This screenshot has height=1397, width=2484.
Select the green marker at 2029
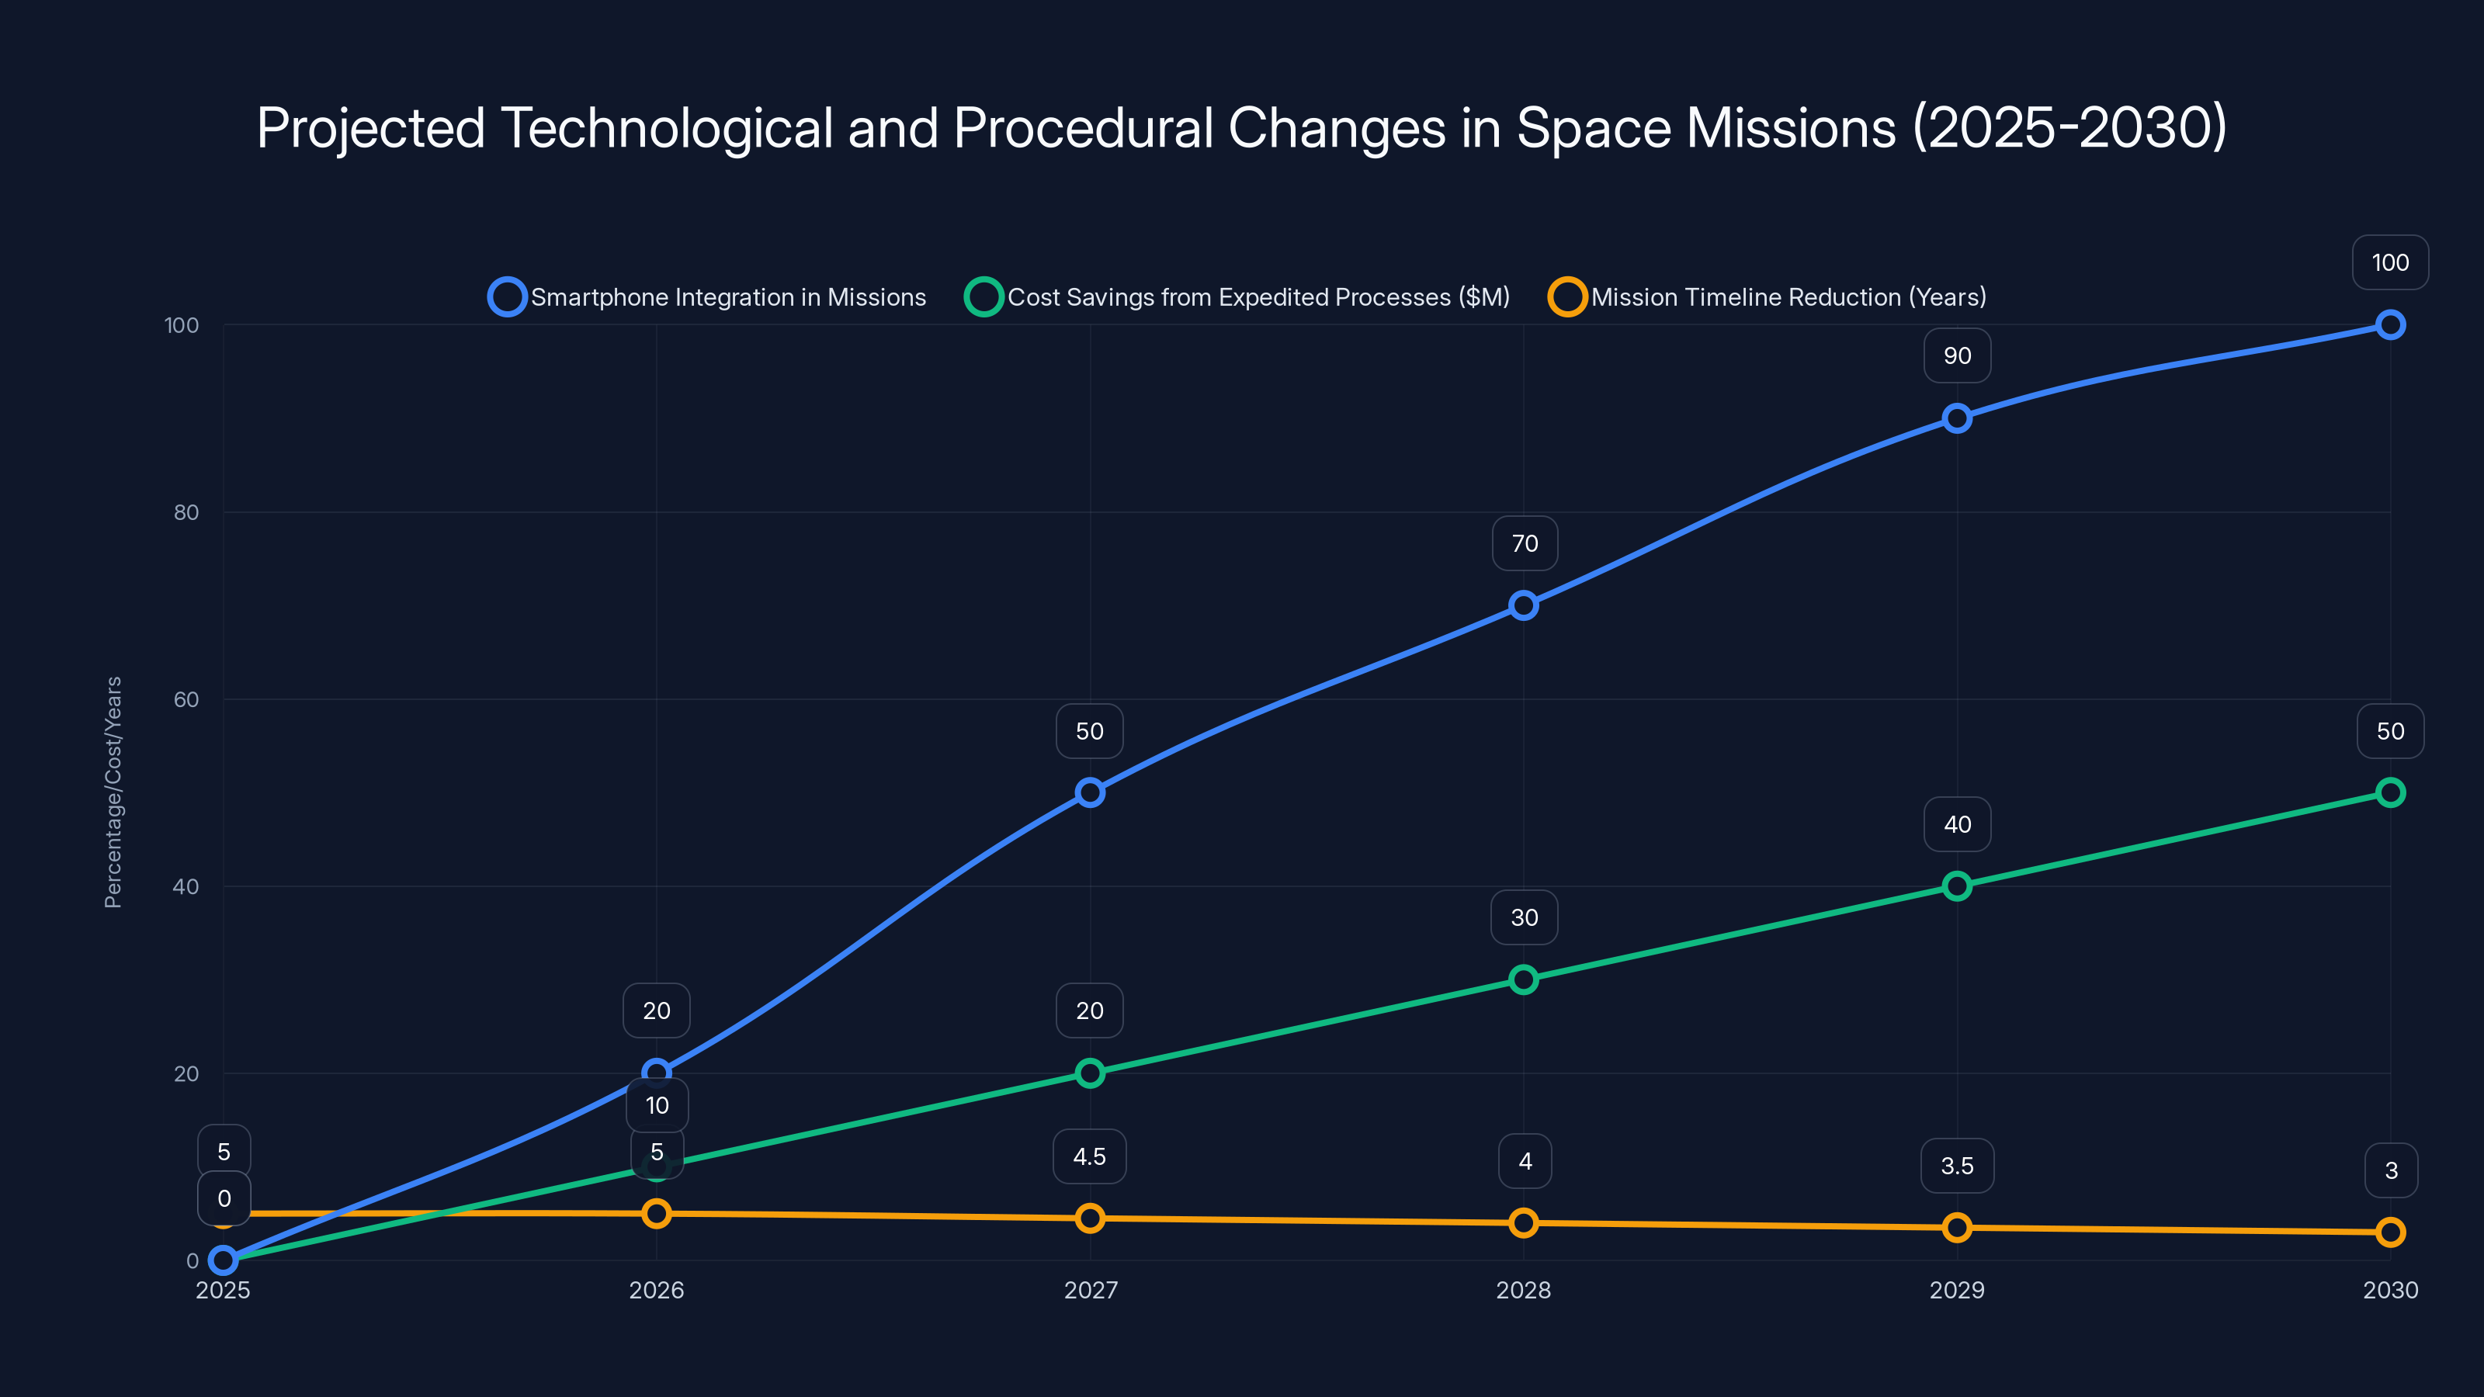pyautogui.click(x=1956, y=886)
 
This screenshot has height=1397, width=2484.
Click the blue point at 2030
pyautogui.click(x=2389, y=325)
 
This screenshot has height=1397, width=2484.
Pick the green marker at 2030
pyautogui.click(x=2389, y=792)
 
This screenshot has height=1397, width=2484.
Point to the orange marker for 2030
pyautogui.click(x=2389, y=1232)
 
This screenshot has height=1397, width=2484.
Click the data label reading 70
pyautogui.click(x=1525, y=544)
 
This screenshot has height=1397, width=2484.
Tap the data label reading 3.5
pyautogui.click(x=1956, y=1166)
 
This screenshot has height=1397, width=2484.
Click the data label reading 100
pyautogui.click(x=2389, y=262)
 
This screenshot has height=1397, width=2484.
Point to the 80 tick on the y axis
pyautogui.click(x=186, y=512)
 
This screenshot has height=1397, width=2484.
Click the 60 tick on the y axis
pyautogui.click(x=186, y=699)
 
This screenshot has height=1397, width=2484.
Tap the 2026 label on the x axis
pyautogui.click(x=656, y=1290)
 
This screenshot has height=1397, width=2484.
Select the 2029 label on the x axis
pyautogui.click(x=1956, y=1290)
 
